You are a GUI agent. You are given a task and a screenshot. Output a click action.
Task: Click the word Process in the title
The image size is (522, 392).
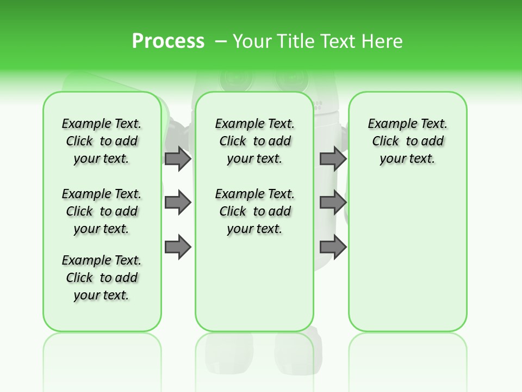[x=168, y=41]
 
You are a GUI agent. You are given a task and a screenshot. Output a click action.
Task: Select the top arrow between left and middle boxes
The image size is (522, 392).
[x=178, y=158]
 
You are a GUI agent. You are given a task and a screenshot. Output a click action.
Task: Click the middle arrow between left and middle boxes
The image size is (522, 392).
[x=178, y=203]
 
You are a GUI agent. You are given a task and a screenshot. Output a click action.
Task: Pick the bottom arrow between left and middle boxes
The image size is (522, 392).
[x=178, y=247]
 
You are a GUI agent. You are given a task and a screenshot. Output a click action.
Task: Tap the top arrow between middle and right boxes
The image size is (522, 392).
[x=333, y=158]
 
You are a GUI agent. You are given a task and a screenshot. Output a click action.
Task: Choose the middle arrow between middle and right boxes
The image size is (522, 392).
[x=333, y=203]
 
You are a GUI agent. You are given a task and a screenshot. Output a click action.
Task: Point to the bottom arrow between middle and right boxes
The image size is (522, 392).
[x=333, y=247]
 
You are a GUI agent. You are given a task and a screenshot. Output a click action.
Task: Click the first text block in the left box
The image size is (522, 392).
[x=102, y=141]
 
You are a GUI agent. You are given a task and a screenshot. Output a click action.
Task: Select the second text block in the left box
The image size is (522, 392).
[x=102, y=211]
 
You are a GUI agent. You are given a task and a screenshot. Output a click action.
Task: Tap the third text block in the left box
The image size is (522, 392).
[x=102, y=278]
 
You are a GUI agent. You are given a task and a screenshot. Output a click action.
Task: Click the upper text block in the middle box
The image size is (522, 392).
[x=254, y=141]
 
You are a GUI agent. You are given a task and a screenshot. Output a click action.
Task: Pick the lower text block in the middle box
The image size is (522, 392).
[x=254, y=211]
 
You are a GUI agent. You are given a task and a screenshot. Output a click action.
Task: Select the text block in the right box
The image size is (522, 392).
[x=407, y=141]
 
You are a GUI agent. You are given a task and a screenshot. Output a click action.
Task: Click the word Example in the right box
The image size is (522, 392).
[x=389, y=124]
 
